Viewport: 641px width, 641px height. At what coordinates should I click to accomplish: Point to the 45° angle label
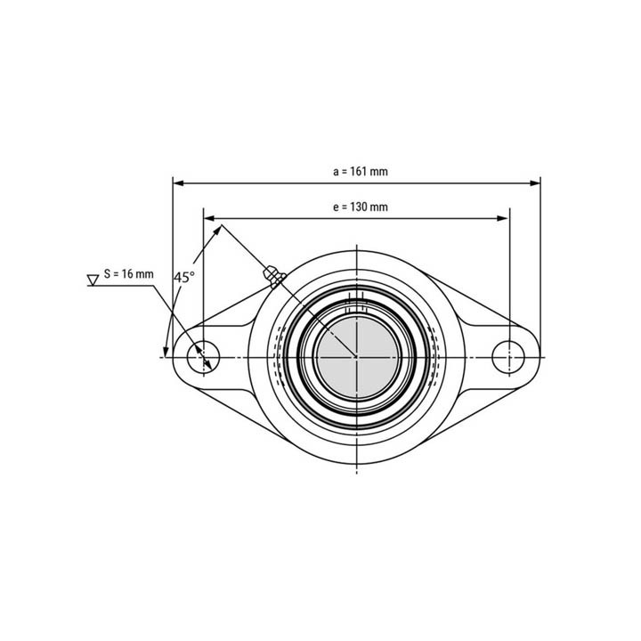tap(183, 277)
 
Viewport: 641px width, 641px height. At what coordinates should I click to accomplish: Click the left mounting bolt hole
tap(204, 356)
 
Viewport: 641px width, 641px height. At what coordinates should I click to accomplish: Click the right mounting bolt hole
tap(508, 356)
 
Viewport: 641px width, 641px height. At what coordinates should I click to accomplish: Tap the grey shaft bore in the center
tap(356, 356)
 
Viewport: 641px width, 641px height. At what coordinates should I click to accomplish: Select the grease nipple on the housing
tap(273, 276)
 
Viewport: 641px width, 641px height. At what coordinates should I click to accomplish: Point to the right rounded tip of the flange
tap(537, 356)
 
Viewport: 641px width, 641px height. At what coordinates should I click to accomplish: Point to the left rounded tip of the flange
tap(175, 356)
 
